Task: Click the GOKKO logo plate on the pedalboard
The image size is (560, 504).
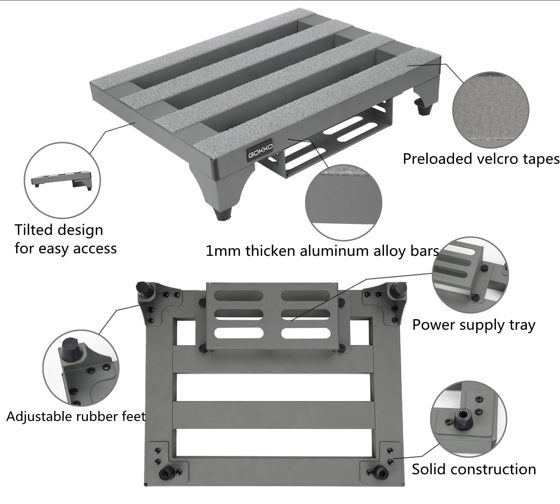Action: coord(260,152)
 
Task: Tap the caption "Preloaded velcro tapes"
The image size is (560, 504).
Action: coord(481,159)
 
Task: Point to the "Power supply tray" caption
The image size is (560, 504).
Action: coord(474,325)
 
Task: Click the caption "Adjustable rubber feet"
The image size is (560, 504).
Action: coord(76,416)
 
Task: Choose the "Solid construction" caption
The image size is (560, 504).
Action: coord(474,469)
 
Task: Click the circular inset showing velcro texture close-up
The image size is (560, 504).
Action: coord(491,111)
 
